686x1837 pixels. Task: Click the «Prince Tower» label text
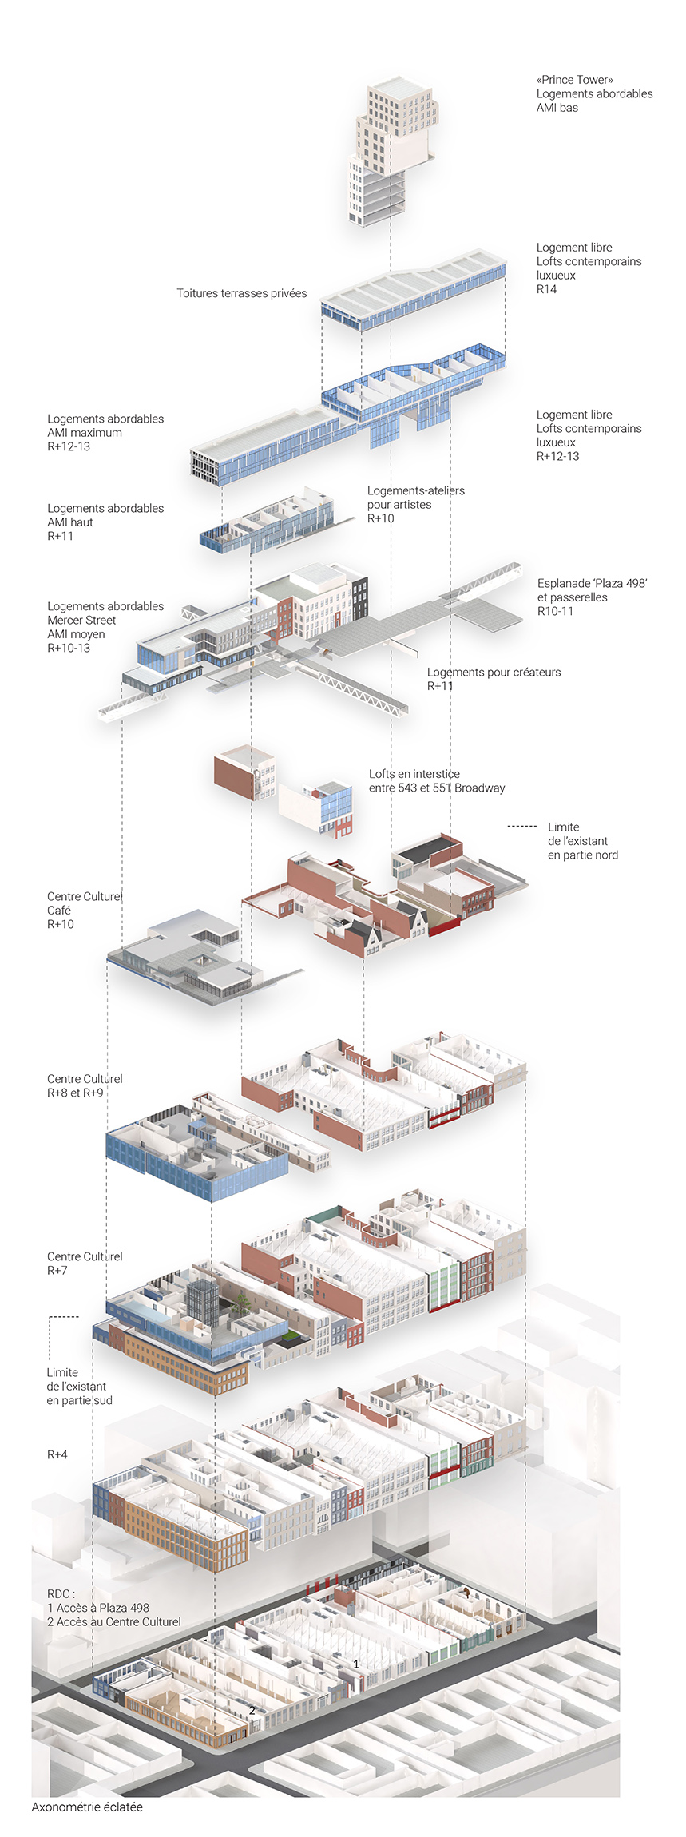coord(575,80)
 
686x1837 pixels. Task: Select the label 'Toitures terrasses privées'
coord(241,293)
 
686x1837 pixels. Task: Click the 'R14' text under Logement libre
coord(546,289)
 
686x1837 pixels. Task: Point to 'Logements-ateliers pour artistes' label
coord(415,504)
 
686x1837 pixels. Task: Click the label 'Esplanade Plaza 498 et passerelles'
coord(591,597)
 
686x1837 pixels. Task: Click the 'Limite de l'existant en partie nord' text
coord(582,841)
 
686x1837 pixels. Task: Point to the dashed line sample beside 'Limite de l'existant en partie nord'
coord(522,826)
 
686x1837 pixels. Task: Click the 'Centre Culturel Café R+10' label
coord(84,910)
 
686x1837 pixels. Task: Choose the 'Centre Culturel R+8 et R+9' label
coord(84,1085)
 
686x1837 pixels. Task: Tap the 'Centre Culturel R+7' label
coord(84,1263)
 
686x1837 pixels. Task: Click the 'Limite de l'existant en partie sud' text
coord(79,1386)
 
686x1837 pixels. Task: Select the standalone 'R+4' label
coord(57,1454)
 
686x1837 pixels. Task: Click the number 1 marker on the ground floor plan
coord(356,1664)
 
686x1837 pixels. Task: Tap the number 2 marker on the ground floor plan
coord(252,1710)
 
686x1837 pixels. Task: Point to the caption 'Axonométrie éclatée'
coord(87,1807)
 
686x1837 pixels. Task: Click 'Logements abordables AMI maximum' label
coord(105,432)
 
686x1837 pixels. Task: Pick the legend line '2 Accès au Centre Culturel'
coord(113,1621)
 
